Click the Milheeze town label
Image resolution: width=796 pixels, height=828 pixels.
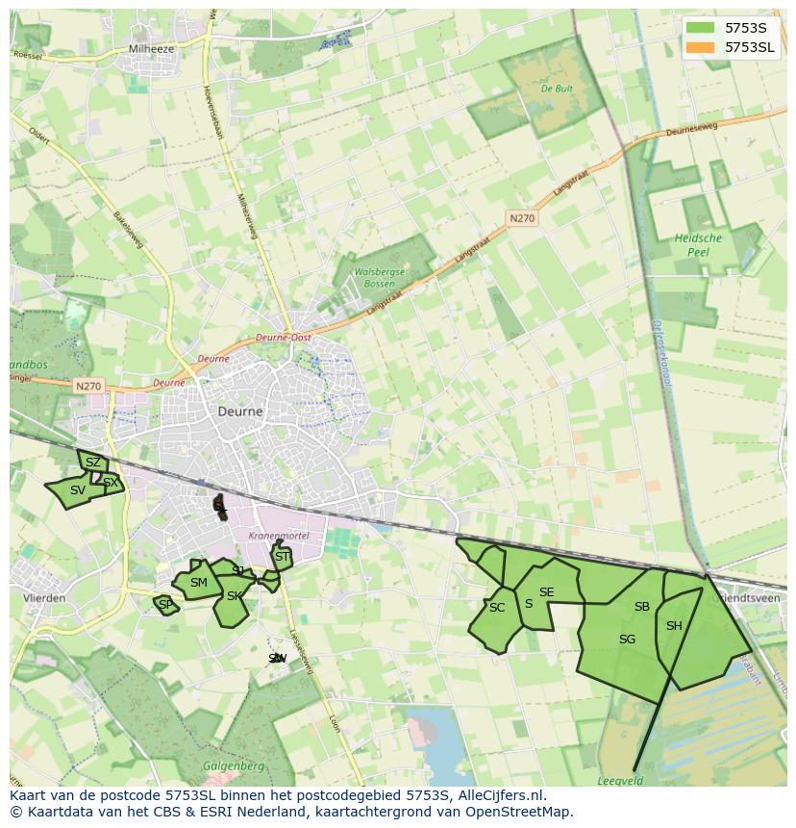(150, 48)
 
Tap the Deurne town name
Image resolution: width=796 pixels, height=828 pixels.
(239, 411)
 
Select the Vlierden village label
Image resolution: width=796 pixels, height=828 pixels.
(43, 597)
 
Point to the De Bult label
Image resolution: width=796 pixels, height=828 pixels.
(558, 88)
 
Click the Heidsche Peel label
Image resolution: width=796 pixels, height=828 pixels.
(698, 244)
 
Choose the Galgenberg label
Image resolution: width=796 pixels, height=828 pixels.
(228, 765)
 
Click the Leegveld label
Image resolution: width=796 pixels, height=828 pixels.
(621, 781)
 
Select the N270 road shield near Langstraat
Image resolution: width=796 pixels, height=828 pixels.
(522, 218)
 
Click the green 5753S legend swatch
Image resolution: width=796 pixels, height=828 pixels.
(700, 28)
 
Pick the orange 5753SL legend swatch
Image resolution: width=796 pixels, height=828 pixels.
(700, 47)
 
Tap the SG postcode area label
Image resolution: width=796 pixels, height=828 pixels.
(627, 640)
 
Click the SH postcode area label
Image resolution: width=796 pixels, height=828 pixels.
(674, 626)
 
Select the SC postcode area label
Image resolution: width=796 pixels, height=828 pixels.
(496, 608)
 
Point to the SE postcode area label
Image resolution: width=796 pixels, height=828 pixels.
(546, 592)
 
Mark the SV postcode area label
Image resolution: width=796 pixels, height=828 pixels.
(78, 490)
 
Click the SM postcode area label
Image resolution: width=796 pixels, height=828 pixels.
(199, 583)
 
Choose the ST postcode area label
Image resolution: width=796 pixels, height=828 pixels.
(282, 557)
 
